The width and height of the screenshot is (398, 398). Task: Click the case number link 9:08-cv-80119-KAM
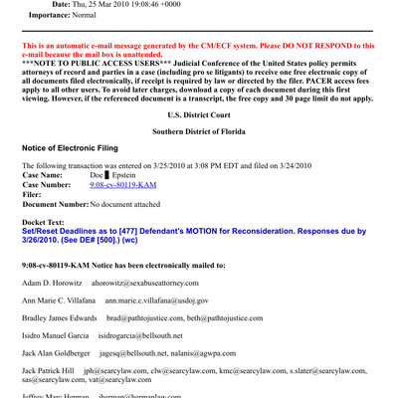pyautogui.click(x=123, y=184)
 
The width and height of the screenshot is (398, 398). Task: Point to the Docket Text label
pyautogui.click(x=49, y=222)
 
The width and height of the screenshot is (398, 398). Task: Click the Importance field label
pyautogui.click(x=57, y=16)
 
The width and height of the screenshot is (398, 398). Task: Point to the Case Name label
pyautogui.click(x=48, y=174)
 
